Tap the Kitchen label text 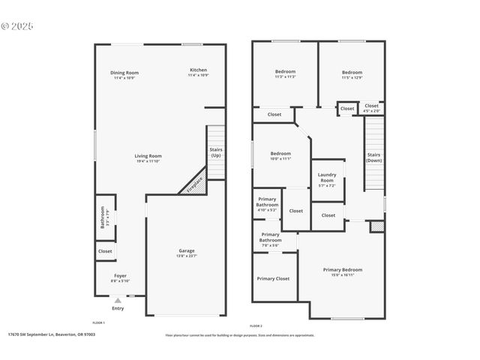[x=198, y=70]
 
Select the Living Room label [x=148, y=157]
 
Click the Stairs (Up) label [x=216, y=152]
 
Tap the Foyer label [x=120, y=277]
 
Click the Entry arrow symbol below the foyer [x=118, y=300]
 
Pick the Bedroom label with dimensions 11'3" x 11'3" [x=285, y=73]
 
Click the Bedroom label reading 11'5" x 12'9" [x=352, y=73]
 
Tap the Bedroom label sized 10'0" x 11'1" [x=280, y=154]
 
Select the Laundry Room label [x=327, y=180]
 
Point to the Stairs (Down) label [x=373, y=157]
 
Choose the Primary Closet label [x=273, y=278]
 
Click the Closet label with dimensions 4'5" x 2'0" [x=372, y=107]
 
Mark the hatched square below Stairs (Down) [x=377, y=226]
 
